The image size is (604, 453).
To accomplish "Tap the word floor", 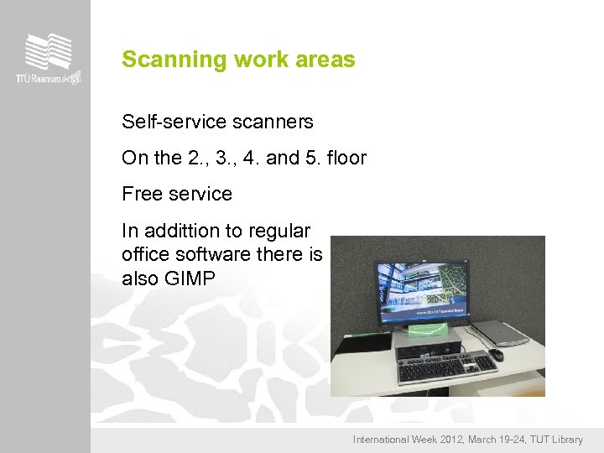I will click(x=348, y=158).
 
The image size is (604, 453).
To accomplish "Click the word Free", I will click(x=140, y=194).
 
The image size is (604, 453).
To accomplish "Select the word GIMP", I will click(x=191, y=279).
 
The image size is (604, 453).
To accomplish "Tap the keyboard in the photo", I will click(x=446, y=365).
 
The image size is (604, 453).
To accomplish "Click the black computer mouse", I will click(x=497, y=355).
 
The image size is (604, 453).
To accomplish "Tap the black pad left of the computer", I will click(x=363, y=344).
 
